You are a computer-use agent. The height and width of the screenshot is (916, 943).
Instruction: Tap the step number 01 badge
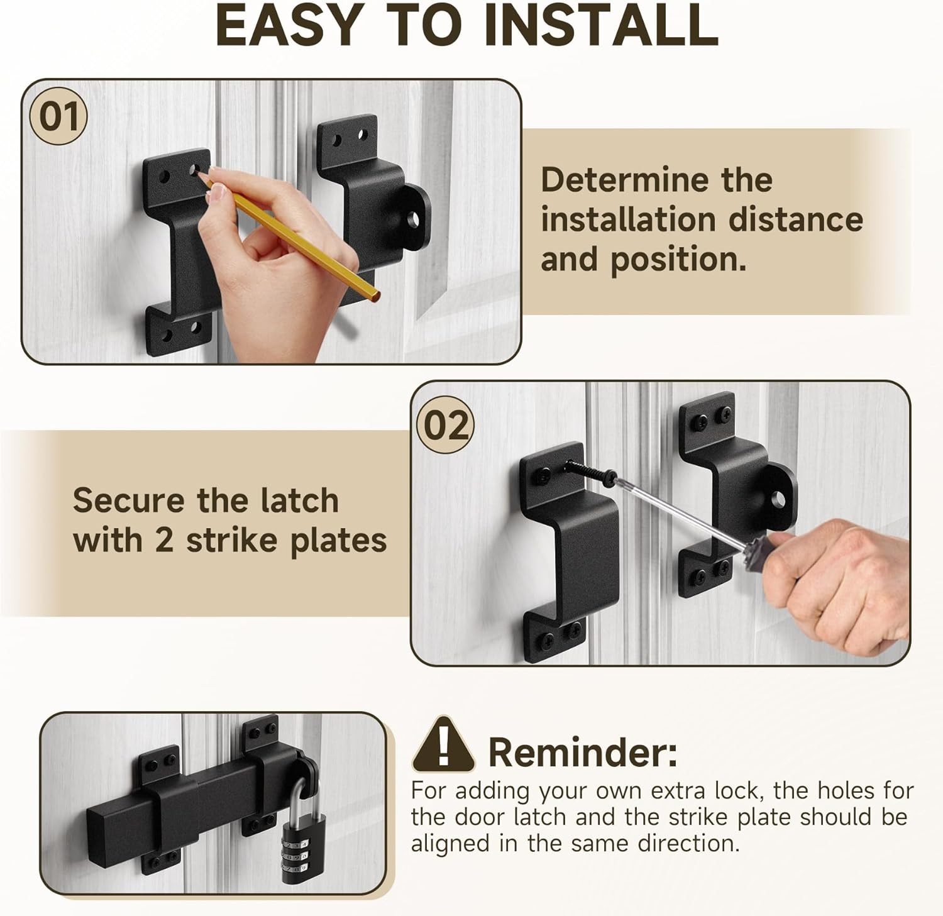pyautogui.click(x=59, y=117)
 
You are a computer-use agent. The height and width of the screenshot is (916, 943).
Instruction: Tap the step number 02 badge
pyautogui.click(x=446, y=426)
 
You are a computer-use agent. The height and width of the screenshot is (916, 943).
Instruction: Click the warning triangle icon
pyautogui.click(x=443, y=746)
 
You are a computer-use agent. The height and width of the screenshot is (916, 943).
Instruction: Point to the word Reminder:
pyautogui.click(x=583, y=752)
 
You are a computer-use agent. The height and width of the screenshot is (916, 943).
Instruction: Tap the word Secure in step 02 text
pyautogui.click(x=129, y=500)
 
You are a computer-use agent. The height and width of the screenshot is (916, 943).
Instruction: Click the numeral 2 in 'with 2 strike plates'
pyautogui.click(x=163, y=541)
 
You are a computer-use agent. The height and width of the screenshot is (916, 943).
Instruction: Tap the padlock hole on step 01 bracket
pyautogui.click(x=413, y=219)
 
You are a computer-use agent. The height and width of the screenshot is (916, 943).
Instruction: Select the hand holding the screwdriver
pyautogui.click(x=842, y=585)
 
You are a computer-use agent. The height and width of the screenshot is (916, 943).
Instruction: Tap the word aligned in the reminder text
pyautogui.click(x=450, y=843)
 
